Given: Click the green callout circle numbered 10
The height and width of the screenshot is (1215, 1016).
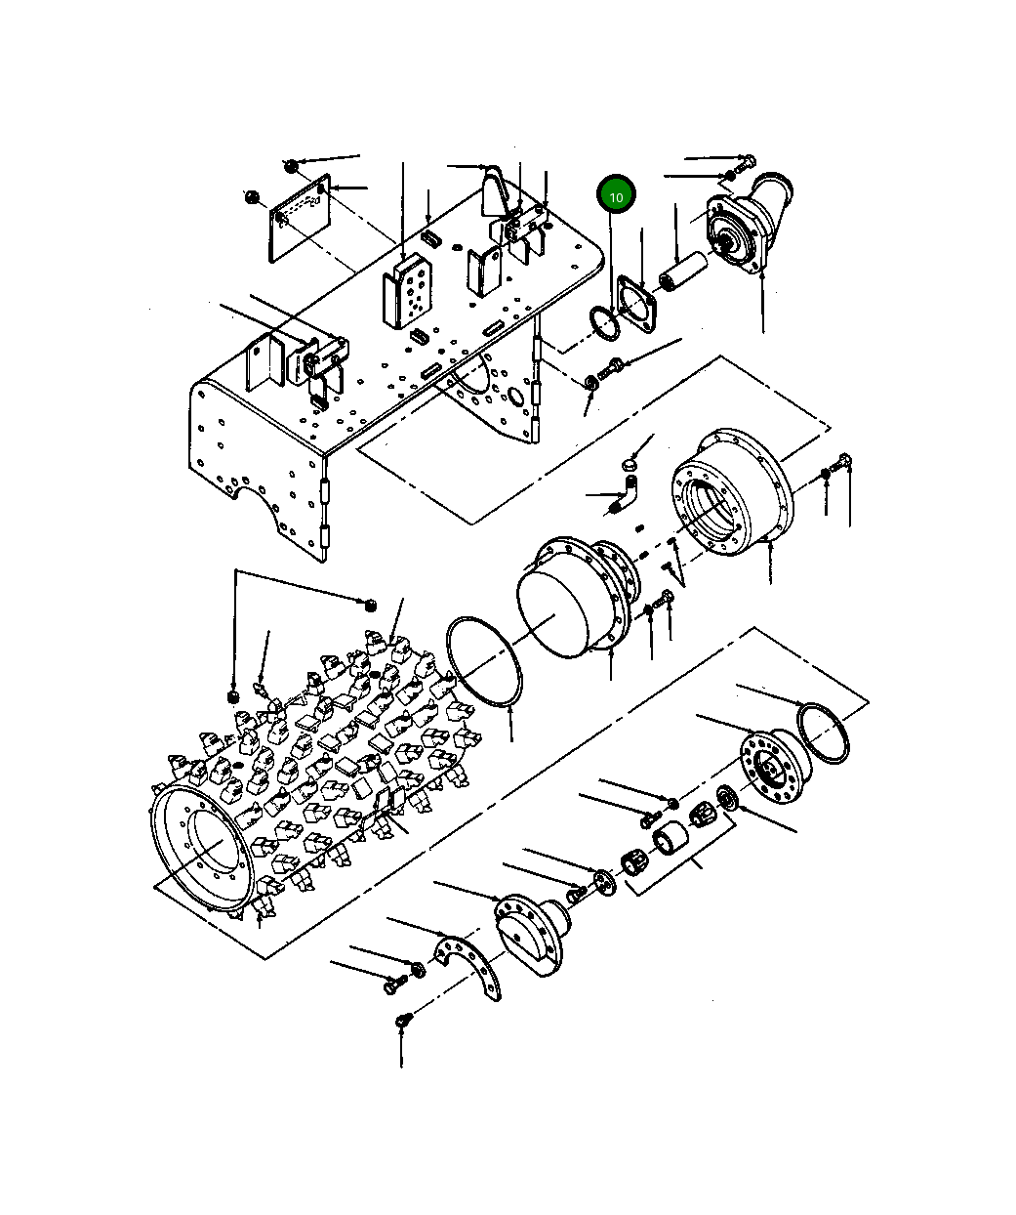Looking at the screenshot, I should tap(616, 196).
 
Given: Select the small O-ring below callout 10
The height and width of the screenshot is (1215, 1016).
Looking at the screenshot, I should tap(603, 323).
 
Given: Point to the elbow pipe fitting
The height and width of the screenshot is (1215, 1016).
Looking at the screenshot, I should tap(626, 493).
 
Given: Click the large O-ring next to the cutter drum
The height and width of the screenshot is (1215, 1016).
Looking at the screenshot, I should tap(483, 661).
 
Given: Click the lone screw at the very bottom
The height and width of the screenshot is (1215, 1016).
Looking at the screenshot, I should tap(401, 1021).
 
